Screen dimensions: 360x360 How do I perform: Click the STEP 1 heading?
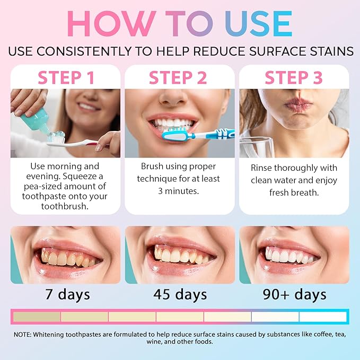[x=66, y=78]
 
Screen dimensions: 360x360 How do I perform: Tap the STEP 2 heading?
[x=178, y=78]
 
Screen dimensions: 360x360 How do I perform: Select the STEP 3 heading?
[x=293, y=78]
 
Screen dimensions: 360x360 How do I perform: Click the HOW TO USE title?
[x=180, y=24]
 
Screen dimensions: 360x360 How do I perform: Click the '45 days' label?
[x=180, y=294]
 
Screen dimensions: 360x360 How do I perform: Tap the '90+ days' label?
[x=294, y=294]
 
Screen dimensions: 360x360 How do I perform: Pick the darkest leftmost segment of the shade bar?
[x=37, y=317]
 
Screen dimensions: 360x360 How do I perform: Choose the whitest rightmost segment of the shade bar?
[x=323, y=317]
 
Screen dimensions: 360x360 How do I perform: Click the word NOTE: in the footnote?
[x=24, y=334]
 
